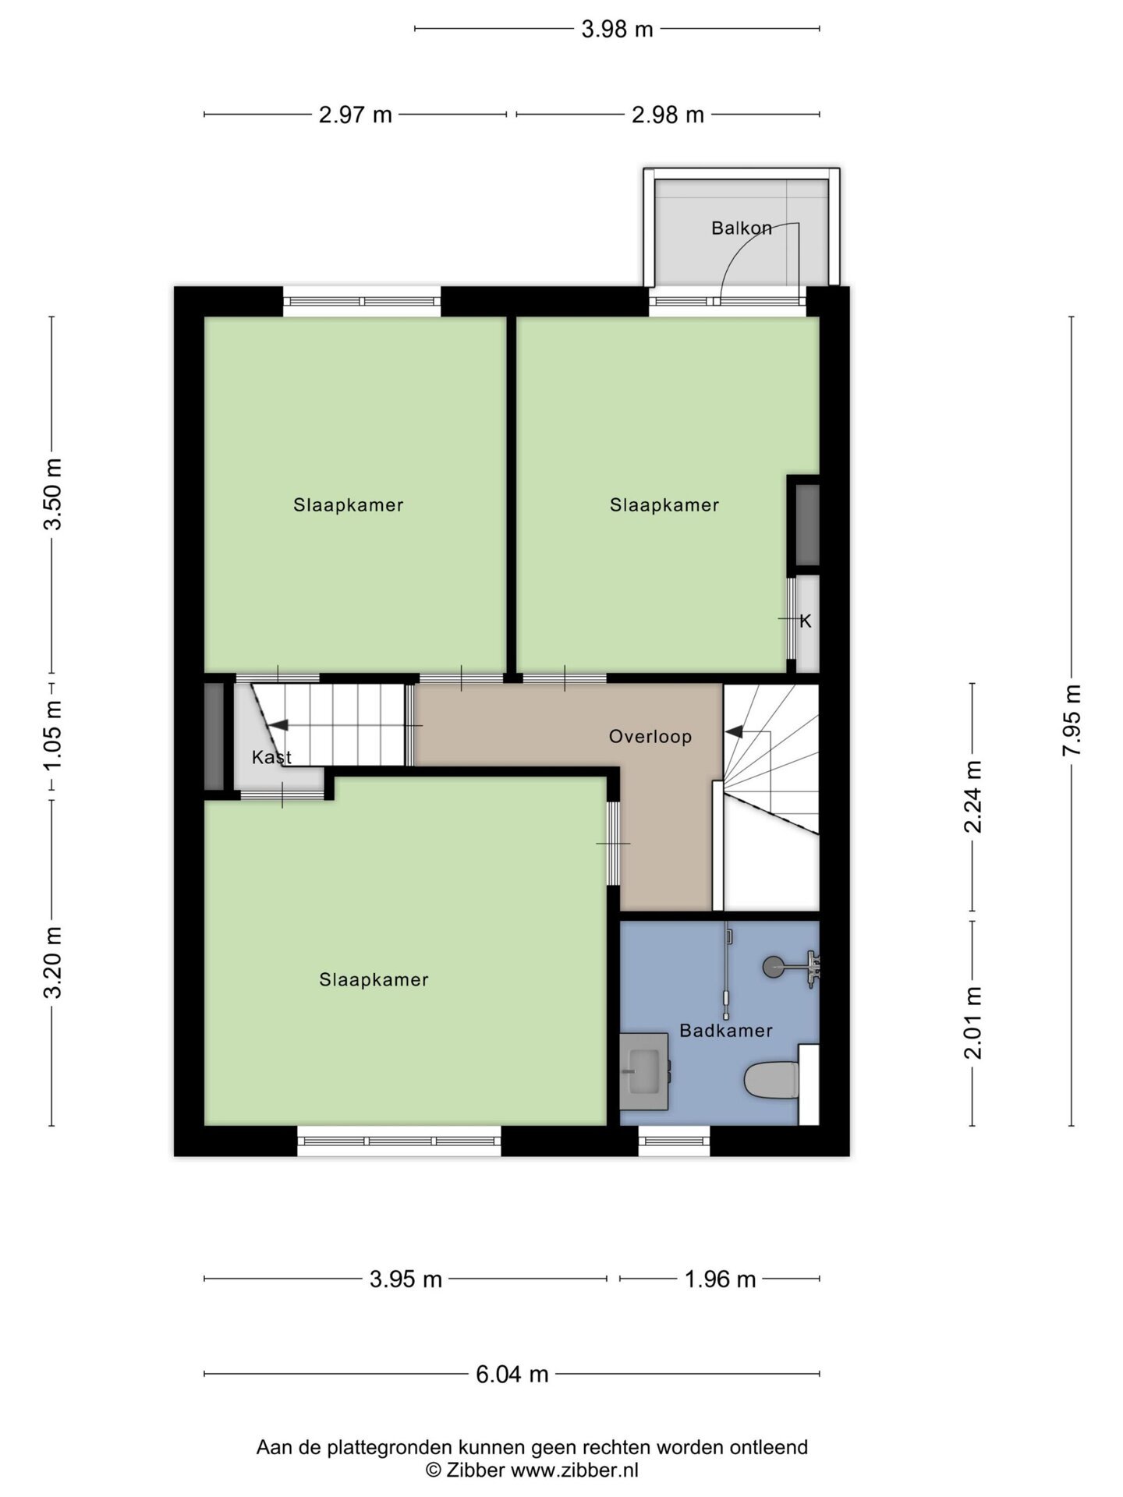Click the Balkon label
tap(741, 228)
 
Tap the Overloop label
tap(650, 737)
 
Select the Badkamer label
tap(725, 1030)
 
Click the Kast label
tap(271, 757)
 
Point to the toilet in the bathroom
tap(771, 1080)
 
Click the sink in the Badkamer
tap(644, 1071)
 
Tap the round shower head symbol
tap(772, 967)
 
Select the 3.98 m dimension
tap(617, 30)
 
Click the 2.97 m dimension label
tap(355, 115)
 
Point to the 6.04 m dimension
tap(512, 1374)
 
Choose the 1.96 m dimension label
tap(720, 1279)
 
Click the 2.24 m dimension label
tap(972, 796)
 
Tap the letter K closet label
tap(806, 621)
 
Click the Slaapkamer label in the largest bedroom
tap(374, 979)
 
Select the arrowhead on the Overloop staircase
tap(733, 731)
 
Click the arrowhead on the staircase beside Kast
tap(278, 725)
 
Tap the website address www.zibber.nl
tap(575, 1470)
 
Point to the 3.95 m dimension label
tap(406, 1279)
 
